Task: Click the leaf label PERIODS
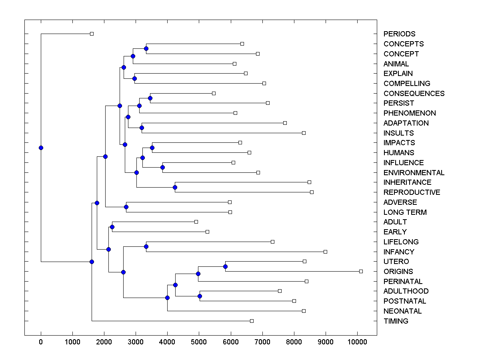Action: [399, 34]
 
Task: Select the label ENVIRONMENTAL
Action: [414, 173]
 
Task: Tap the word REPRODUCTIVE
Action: [412, 192]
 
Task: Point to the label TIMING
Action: [396, 321]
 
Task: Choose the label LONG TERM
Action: [405, 212]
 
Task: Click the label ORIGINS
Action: [398, 272]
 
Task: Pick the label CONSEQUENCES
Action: [414, 94]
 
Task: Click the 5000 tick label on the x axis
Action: [199, 342]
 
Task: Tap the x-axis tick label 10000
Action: [357, 342]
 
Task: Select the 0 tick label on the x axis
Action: [41, 342]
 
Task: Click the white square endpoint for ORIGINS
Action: [361, 271]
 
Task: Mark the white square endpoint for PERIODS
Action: [92, 34]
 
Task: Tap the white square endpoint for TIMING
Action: [252, 321]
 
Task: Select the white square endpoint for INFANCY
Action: [325, 252]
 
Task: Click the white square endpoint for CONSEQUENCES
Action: [214, 93]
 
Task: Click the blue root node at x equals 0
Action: [41, 148]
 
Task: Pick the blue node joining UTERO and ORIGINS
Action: [225, 266]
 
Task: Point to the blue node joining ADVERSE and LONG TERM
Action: [126, 207]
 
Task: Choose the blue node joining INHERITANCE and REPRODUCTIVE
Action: [175, 187]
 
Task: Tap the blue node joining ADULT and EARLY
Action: [112, 227]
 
